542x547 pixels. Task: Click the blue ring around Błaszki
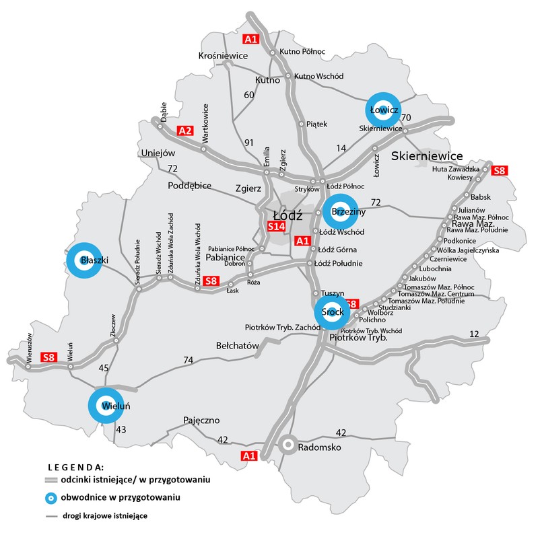pyautogui.click(x=84, y=260)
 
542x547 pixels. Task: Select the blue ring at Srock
pyautogui.click(x=331, y=312)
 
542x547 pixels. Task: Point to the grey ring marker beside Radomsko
pyautogui.click(x=288, y=445)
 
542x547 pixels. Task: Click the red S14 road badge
pyautogui.click(x=277, y=227)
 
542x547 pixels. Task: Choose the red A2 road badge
pyautogui.click(x=184, y=130)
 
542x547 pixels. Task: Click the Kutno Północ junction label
pyautogui.click(x=302, y=51)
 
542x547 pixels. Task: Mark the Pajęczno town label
pyautogui.click(x=201, y=421)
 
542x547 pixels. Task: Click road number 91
pyautogui.click(x=248, y=142)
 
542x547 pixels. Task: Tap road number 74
pyautogui.click(x=189, y=361)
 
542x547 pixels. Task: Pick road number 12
pyautogui.click(x=474, y=334)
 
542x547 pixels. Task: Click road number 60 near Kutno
pyautogui.click(x=248, y=95)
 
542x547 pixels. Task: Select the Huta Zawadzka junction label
pyautogui.click(x=456, y=169)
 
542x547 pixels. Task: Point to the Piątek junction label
pyautogui.click(x=316, y=124)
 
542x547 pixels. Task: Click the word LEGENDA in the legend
pyautogui.click(x=75, y=466)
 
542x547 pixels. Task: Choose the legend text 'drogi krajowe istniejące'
pyautogui.click(x=106, y=516)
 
